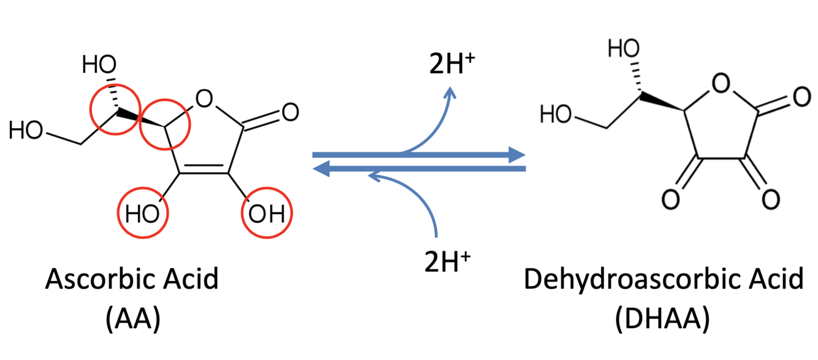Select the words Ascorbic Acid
(132, 280)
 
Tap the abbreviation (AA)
(132, 319)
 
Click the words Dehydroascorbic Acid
(663, 280)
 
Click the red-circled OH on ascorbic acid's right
(267, 214)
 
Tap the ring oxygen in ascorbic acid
(205, 97)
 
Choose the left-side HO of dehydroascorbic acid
(554, 113)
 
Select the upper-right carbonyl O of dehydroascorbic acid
(798, 98)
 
